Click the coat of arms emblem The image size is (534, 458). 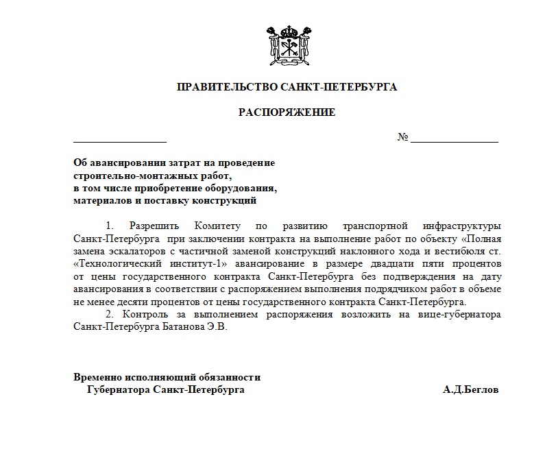287,45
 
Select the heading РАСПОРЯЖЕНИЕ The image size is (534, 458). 287,112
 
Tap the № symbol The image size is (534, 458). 402,138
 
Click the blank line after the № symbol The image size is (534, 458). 454,138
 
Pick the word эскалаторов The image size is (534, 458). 132,251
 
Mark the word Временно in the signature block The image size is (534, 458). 97,377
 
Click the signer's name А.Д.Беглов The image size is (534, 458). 471,390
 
